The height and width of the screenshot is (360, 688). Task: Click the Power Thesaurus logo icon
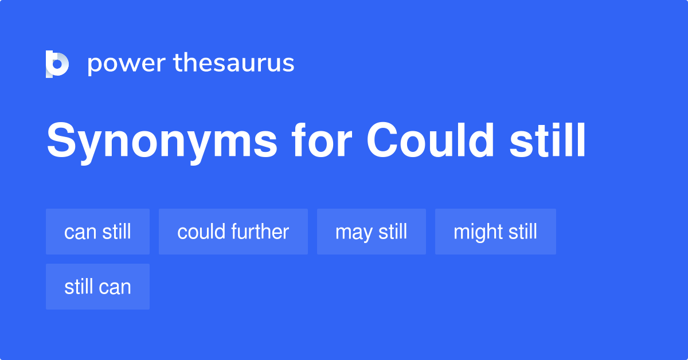point(57,64)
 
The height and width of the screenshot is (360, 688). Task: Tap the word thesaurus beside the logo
point(234,63)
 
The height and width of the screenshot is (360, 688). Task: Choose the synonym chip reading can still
point(97,232)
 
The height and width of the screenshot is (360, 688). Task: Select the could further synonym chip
point(233,232)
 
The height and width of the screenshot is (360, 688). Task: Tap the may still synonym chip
point(371,232)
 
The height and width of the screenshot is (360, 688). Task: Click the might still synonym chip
point(495,232)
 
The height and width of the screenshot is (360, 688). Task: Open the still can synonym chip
point(97,287)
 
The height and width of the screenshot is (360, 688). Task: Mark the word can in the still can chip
point(115,287)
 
